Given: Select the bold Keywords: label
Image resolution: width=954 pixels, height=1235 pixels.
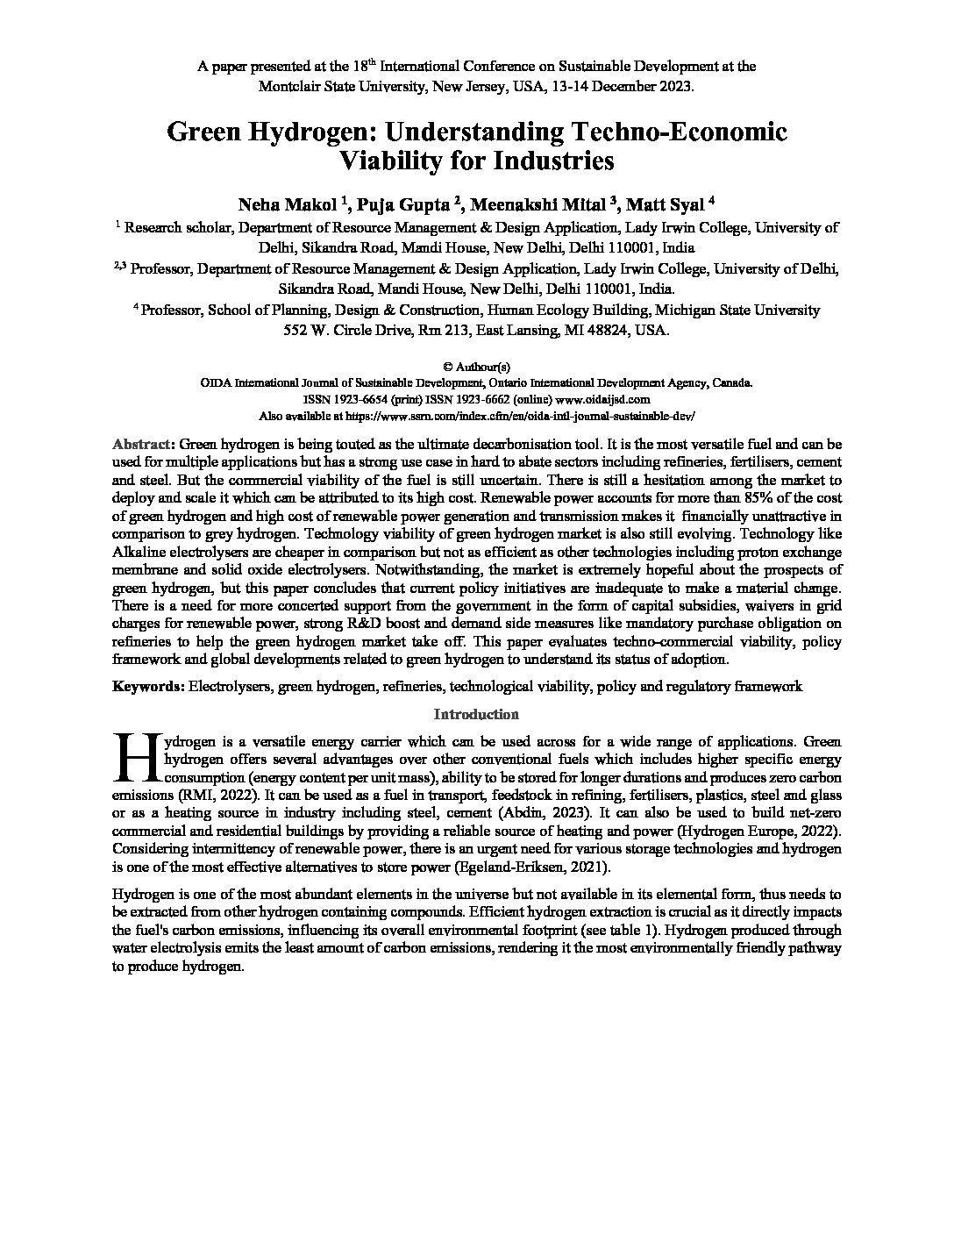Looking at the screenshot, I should coord(148,687).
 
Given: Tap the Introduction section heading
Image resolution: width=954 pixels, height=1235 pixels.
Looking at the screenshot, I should coord(476,715).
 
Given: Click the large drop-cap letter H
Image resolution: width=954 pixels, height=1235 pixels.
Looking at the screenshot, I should coord(136,756).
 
